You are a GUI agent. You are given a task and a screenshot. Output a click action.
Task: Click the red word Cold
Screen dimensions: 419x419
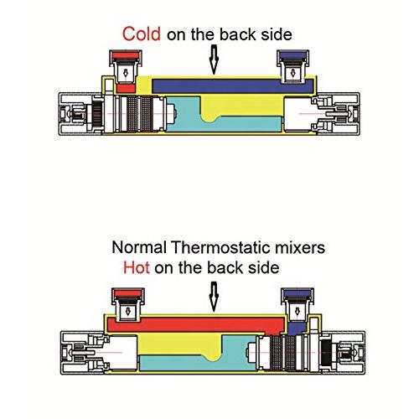click(142, 34)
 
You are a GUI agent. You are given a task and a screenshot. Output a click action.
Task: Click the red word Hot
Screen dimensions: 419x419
click(137, 267)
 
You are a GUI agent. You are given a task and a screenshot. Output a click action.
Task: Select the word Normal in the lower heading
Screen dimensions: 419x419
click(139, 247)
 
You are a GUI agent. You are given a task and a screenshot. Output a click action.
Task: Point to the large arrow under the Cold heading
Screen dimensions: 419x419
click(214, 59)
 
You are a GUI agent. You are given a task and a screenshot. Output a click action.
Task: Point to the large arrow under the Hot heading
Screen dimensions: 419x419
click(214, 297)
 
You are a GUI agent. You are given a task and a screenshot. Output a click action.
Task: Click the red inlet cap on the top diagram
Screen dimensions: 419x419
click(126, 55)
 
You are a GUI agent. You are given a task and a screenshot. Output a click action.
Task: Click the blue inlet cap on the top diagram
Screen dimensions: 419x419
click(292, 55)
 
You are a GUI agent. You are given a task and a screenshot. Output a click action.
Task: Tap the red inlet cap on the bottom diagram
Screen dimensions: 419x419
click(128, 293)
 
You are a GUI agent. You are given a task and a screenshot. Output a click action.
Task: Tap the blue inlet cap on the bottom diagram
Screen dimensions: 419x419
click(297, 293)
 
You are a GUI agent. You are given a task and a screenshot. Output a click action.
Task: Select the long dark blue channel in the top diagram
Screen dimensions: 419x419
click(232, 86)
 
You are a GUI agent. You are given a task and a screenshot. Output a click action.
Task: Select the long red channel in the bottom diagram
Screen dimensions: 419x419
click(195, 325)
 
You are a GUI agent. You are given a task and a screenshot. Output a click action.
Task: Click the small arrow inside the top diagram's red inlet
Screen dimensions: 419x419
click(126, 73)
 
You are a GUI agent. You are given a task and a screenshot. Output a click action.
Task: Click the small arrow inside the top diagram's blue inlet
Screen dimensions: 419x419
click(292, 73)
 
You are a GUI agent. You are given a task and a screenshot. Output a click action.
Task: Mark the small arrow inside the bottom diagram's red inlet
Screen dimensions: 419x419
click(128, 311)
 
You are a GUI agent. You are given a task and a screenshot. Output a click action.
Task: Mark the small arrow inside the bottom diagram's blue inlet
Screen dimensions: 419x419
click(297, 311)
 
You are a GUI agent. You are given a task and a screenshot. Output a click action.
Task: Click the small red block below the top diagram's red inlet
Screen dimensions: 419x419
click(126, 89)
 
